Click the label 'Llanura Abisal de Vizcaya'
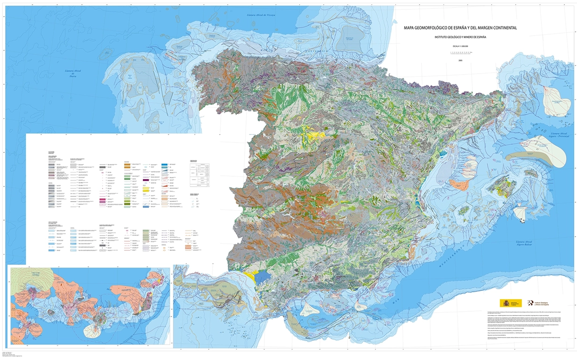click(x=261, y=15)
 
